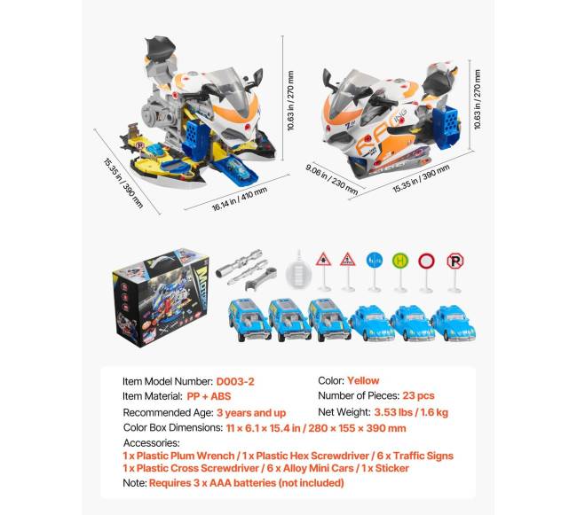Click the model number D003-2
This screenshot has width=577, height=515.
click(x=235, y=382)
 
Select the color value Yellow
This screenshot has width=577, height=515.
click(x=363, y=380)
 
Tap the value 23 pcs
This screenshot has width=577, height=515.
click(x=418, y=395)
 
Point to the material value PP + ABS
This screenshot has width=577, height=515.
click(x=209, y=396)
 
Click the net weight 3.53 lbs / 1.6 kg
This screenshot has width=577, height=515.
click(x=411, y=412)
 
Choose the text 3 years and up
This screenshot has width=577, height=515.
click(x=251, y=413)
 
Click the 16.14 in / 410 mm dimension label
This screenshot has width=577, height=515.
click(x=240, y=199)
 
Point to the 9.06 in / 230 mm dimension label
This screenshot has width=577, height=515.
click(x=332, y=179)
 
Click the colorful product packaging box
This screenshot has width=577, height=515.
click(x=161, y=297)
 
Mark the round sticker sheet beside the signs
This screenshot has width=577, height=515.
click(x=299, y=272)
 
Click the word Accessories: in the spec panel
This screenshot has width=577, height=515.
click(x=151, y=442)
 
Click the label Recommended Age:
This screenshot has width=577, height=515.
click(x=168, y=413)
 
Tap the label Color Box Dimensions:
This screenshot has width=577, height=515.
click(x=173, y=428)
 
